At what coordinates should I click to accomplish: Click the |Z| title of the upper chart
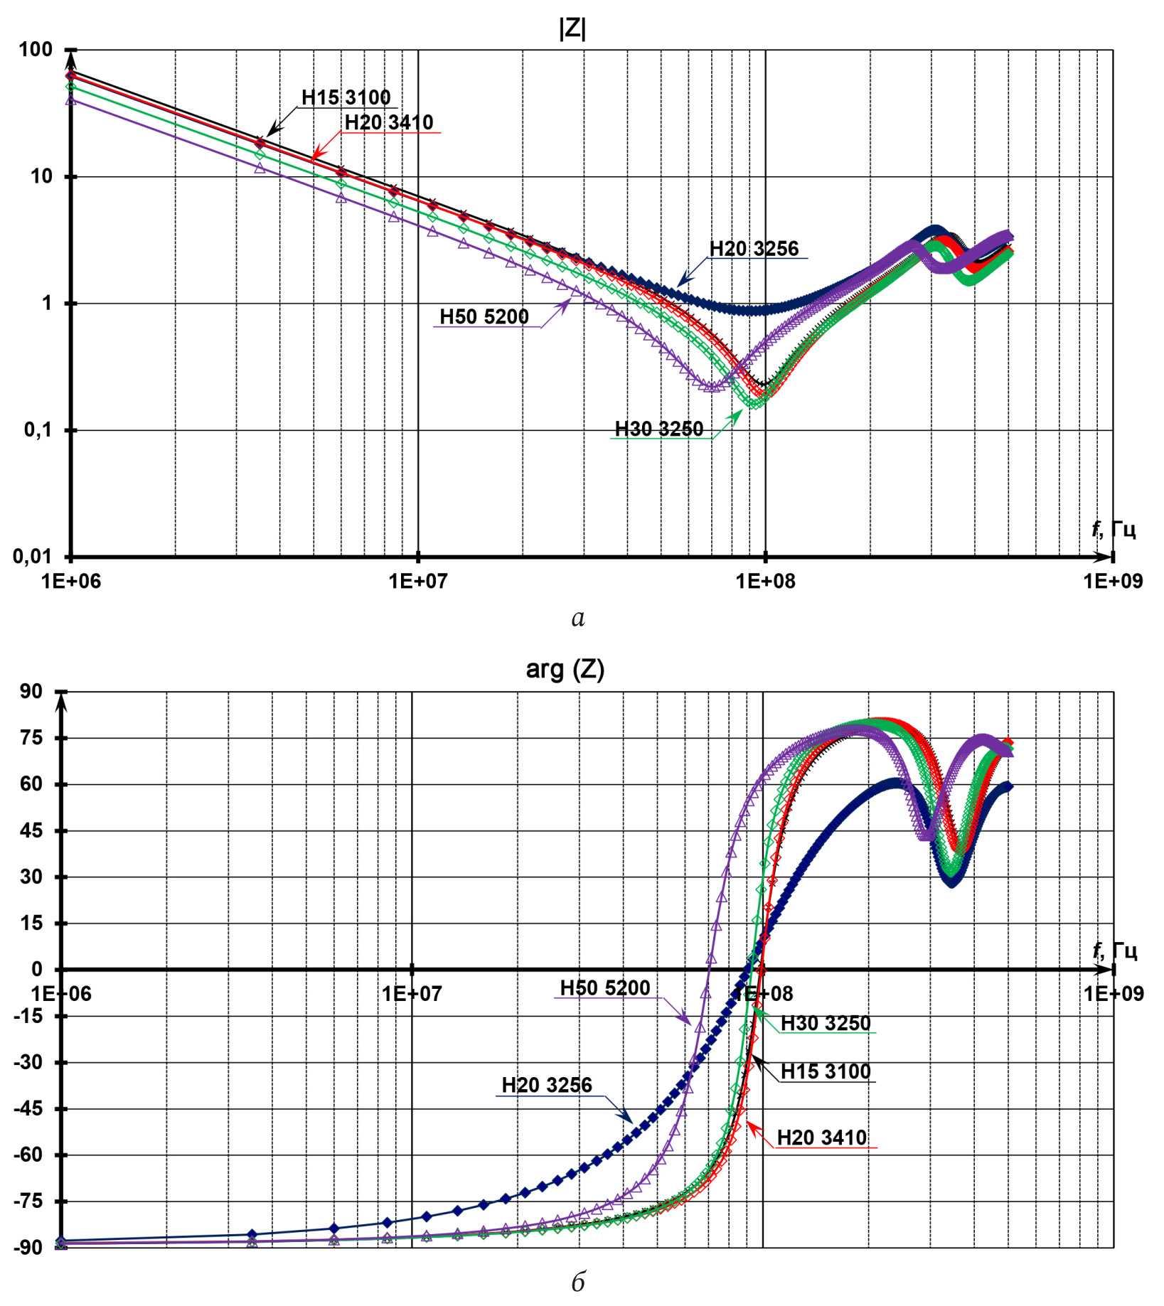(572, 29)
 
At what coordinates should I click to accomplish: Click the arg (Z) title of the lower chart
(565, 669)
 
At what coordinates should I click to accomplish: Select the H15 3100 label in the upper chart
(346, 97)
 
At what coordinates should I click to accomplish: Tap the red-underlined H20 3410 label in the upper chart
(389, 122)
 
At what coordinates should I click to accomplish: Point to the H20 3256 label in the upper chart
(754, 249)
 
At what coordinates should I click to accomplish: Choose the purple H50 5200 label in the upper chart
(484, 316)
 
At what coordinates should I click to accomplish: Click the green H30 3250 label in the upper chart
(659, 429)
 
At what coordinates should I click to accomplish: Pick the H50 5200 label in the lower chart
(605, 987)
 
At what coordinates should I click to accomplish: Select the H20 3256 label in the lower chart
(547, 1085)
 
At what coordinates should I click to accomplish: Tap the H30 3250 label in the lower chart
(826, 1023)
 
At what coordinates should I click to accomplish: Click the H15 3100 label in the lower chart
(826, 1071)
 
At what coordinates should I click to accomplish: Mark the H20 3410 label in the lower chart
(822, 1138)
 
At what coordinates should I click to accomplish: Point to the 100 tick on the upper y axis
(36, 50)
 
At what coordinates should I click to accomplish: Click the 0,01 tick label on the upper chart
(32, 556)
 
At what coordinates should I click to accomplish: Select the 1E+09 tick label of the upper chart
(1113, 582)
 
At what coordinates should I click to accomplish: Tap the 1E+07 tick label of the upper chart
(418, 582)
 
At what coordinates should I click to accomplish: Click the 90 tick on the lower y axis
(31, 691)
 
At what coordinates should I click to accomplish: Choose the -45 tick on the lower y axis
(28, 1108)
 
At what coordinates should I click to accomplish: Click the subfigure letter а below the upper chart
(578, 619)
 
